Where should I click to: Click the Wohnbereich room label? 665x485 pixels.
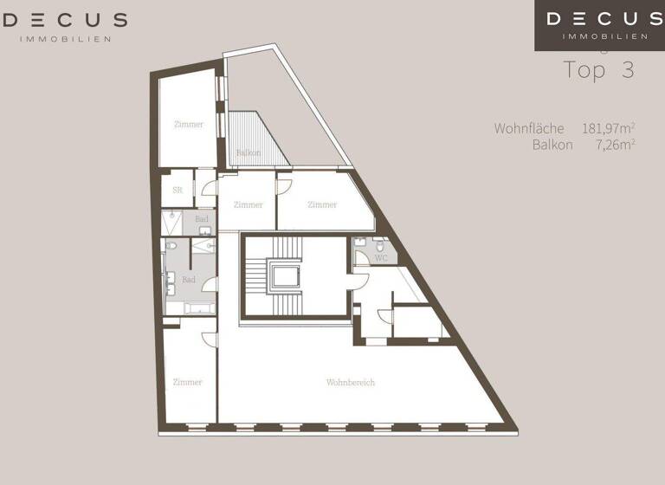pyautogui.click(x=351, y=382)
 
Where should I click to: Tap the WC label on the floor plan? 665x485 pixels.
pyautogui.click(x=380, y=258)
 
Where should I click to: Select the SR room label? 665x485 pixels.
pyautogui.click(x=177, y=190)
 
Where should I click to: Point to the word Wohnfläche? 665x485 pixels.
pyautogui.click(x=529, y=128)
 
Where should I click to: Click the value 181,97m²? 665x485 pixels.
pyautogui.click(x=609, y=128)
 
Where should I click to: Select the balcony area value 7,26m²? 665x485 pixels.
pyautogui.click(x=616, y=145)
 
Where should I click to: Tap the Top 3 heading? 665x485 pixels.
pyautogui.click(x=598, y=70)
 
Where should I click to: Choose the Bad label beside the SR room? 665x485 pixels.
pyautogui.click(x=202, y=219)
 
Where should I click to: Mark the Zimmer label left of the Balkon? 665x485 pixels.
pyautogui.click(x=189, y=125)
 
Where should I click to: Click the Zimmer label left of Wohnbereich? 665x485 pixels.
pyautogui.click(x=187, y=382)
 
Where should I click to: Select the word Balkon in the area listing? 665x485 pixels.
pyautogui.click(x=552, y=145)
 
